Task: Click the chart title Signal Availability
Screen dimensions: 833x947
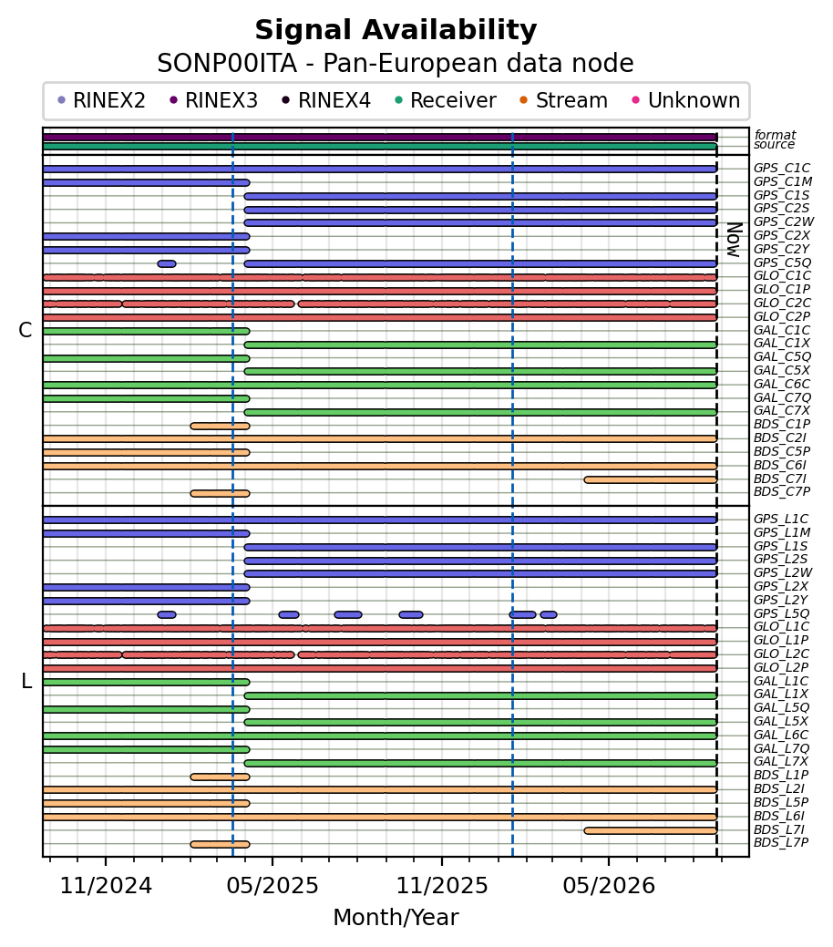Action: tap(396, 31)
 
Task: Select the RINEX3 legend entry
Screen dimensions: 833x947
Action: tap(214, 100)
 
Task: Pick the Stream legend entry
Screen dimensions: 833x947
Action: tap(563, 100)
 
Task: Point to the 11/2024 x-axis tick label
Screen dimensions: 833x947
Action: tap(106, 885)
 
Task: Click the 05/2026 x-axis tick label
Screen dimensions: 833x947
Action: tap(609, 885)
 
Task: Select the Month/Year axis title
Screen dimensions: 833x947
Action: tap(396, 917)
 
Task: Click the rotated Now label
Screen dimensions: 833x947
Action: tap(734, 240)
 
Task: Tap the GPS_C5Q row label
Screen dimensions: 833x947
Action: tap(782, 262)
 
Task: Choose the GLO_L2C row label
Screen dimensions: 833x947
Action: tap(782, 654)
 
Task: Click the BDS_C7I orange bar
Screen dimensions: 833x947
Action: tap(651, 479)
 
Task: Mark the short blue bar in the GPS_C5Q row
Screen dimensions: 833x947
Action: tap(167, 264)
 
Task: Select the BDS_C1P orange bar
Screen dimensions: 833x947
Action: tap(220, 426)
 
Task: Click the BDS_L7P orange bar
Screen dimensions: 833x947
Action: tap(220, 844)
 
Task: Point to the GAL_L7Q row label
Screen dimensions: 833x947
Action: tap(782, 748)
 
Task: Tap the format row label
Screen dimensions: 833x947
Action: tap(775, 135)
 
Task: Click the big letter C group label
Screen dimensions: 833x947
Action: tap(26, 330)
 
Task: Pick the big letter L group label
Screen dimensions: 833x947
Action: tap(26, 681)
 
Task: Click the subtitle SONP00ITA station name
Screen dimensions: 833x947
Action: tap(227, 64)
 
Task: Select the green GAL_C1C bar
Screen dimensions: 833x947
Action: tap(146, 331)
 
